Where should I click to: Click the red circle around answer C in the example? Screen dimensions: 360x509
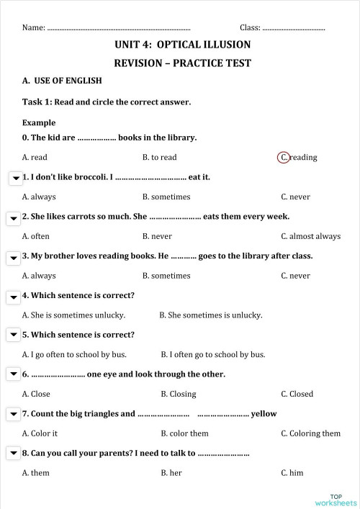coord(284,157)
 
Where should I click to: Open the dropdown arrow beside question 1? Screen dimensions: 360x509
coord(14,178)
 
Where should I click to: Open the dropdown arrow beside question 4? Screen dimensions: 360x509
coord(14,297)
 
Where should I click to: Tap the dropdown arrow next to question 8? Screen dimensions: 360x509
coord(14,454)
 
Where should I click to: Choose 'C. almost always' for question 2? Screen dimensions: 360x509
coord(310,236)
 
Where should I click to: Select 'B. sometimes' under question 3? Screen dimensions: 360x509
coord(166,276)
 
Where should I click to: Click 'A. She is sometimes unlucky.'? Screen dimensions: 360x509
coord(73,315)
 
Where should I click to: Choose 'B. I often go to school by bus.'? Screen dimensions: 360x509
coord(212,354)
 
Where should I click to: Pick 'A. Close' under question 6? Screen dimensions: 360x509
coord(36,394)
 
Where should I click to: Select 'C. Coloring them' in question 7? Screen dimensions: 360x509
coord(310,433)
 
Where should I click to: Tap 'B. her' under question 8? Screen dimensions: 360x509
coord(171,473)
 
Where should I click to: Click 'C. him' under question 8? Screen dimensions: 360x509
coord(292,473)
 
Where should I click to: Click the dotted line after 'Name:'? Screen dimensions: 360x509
coord(119,28)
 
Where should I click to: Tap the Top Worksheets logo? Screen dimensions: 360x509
coord(340,500)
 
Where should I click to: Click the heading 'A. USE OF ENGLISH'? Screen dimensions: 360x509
coord(62,81)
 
